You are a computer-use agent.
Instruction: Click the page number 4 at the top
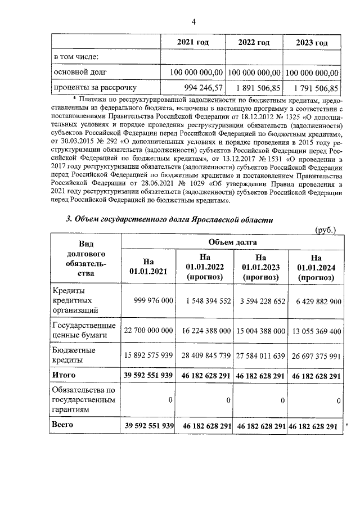194,22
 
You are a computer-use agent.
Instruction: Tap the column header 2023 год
312,43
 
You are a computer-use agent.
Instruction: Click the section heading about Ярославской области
169,219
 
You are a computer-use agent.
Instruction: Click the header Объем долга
232,242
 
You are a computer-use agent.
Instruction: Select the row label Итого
64,375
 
